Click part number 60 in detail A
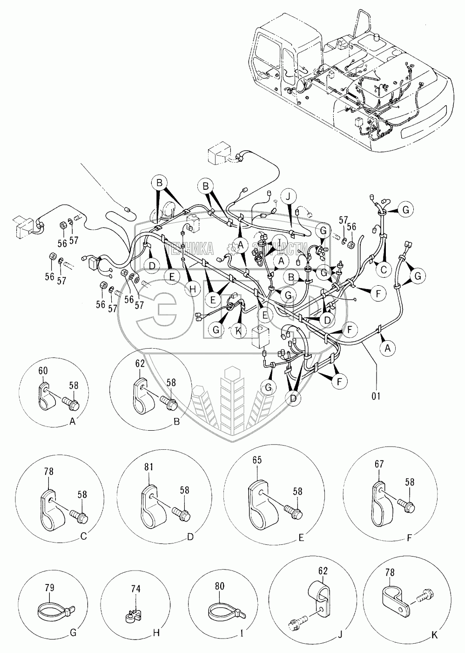pos(43,371)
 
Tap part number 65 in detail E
pos(257,460)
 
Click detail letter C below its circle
pos(83,536)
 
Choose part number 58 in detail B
pos(171,382)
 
